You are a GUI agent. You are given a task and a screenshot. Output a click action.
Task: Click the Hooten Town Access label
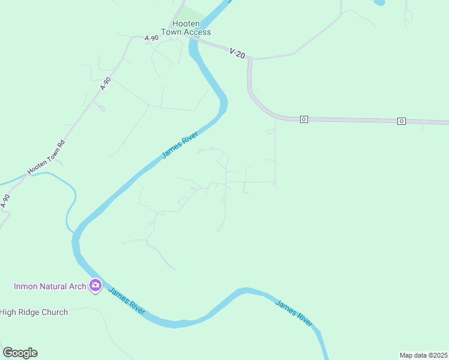click(185, 28)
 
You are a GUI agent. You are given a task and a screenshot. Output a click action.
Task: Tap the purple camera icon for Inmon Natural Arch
click(95, 286)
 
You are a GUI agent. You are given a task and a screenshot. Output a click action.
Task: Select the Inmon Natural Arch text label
click(50, 286)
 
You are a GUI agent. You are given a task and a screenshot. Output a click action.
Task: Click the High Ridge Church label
click(34, 312)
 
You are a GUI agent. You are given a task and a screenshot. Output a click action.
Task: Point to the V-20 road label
click(237, 53)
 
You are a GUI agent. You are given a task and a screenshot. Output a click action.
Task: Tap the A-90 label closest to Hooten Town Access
click(151, 38)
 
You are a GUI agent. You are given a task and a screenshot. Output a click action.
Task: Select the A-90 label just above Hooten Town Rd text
click(106, 84)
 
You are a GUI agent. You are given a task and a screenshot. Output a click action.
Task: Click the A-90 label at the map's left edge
click(5, 201)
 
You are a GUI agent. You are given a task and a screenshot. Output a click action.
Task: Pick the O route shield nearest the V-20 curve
click(304, 119)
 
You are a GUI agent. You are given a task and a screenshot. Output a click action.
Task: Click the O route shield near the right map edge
click(401, 121)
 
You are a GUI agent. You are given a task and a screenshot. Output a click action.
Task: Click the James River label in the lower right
click(294, 312)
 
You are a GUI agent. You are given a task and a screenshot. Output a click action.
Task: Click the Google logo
click(20, 353)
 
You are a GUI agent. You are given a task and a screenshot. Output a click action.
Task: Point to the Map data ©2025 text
click(423, 355)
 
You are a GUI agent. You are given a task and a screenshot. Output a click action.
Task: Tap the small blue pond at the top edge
click(379, 2)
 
